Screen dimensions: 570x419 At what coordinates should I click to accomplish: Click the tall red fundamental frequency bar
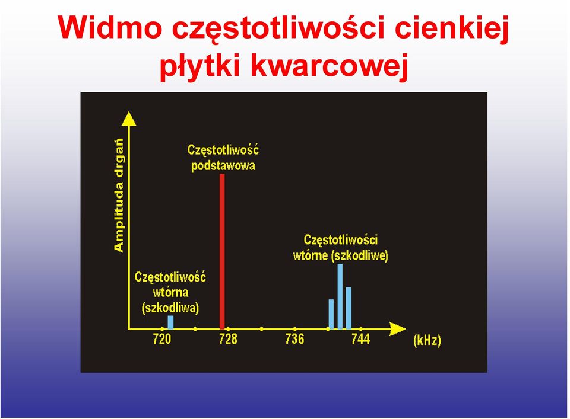point(222,251)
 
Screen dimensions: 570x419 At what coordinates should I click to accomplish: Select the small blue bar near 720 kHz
point(170,322)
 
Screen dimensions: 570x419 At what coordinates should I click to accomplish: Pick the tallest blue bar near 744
point(340,296)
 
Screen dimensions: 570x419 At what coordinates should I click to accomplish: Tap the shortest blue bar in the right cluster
point(331,314)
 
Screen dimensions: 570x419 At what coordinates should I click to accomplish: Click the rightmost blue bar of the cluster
point(349,308)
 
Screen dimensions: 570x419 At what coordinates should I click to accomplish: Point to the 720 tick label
point(161,339)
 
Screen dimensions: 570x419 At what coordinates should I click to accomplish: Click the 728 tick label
point(228,339)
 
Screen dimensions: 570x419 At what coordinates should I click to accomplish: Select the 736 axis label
point(294,339)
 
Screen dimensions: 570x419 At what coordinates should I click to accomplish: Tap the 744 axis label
point(360,339)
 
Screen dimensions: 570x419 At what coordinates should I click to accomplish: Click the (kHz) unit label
point(427,340)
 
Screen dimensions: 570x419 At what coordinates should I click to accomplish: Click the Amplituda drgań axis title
point(119,195)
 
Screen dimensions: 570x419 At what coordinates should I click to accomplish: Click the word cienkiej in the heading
point(451,28)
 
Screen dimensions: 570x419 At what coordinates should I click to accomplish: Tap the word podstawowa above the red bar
point(223,166)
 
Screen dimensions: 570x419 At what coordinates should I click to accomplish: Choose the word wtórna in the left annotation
point(170,292)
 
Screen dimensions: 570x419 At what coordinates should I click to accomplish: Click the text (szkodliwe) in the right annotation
point(360,256)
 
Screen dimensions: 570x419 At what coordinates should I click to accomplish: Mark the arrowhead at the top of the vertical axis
point(129,119)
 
